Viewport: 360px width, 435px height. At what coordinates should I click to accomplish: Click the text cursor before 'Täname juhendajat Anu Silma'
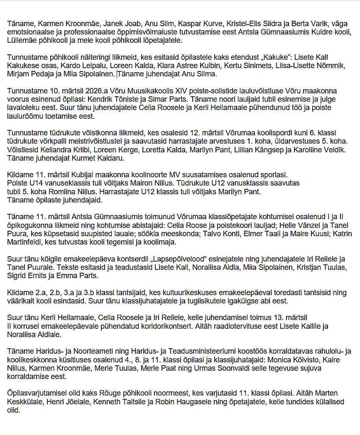118,74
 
